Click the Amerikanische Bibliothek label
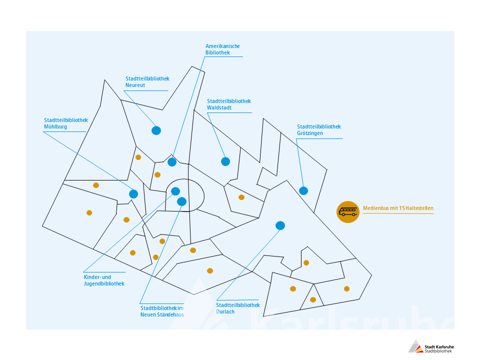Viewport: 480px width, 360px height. [222, 49]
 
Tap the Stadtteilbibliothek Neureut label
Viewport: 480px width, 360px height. [147, 81]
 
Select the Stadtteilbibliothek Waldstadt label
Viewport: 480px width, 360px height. [228, 104]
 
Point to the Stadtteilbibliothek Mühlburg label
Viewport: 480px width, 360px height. [66, 123]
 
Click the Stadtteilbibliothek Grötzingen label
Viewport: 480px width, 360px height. [318, 130]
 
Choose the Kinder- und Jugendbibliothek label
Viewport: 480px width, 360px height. [104, 280]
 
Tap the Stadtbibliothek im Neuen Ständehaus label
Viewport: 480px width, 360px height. [162, 311]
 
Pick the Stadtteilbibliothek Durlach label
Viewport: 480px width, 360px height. [238, 308]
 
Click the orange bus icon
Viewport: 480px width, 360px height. [348, 212]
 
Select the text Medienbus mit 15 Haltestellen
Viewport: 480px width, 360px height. [398, 208]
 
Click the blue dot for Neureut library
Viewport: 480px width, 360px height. [156, 130]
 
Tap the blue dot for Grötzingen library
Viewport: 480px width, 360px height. [303, 190]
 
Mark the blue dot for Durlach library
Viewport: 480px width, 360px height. [280, 225]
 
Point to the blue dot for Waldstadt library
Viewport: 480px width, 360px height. [225, 161]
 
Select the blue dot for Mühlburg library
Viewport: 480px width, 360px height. [133, 194]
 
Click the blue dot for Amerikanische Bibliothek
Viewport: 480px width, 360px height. [172, 162]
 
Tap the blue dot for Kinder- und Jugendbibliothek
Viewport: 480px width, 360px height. [175, 191]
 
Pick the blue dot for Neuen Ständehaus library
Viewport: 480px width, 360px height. [182, 201]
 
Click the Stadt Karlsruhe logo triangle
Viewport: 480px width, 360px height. [415, 346]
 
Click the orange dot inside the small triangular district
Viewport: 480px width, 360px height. [313, 299]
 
